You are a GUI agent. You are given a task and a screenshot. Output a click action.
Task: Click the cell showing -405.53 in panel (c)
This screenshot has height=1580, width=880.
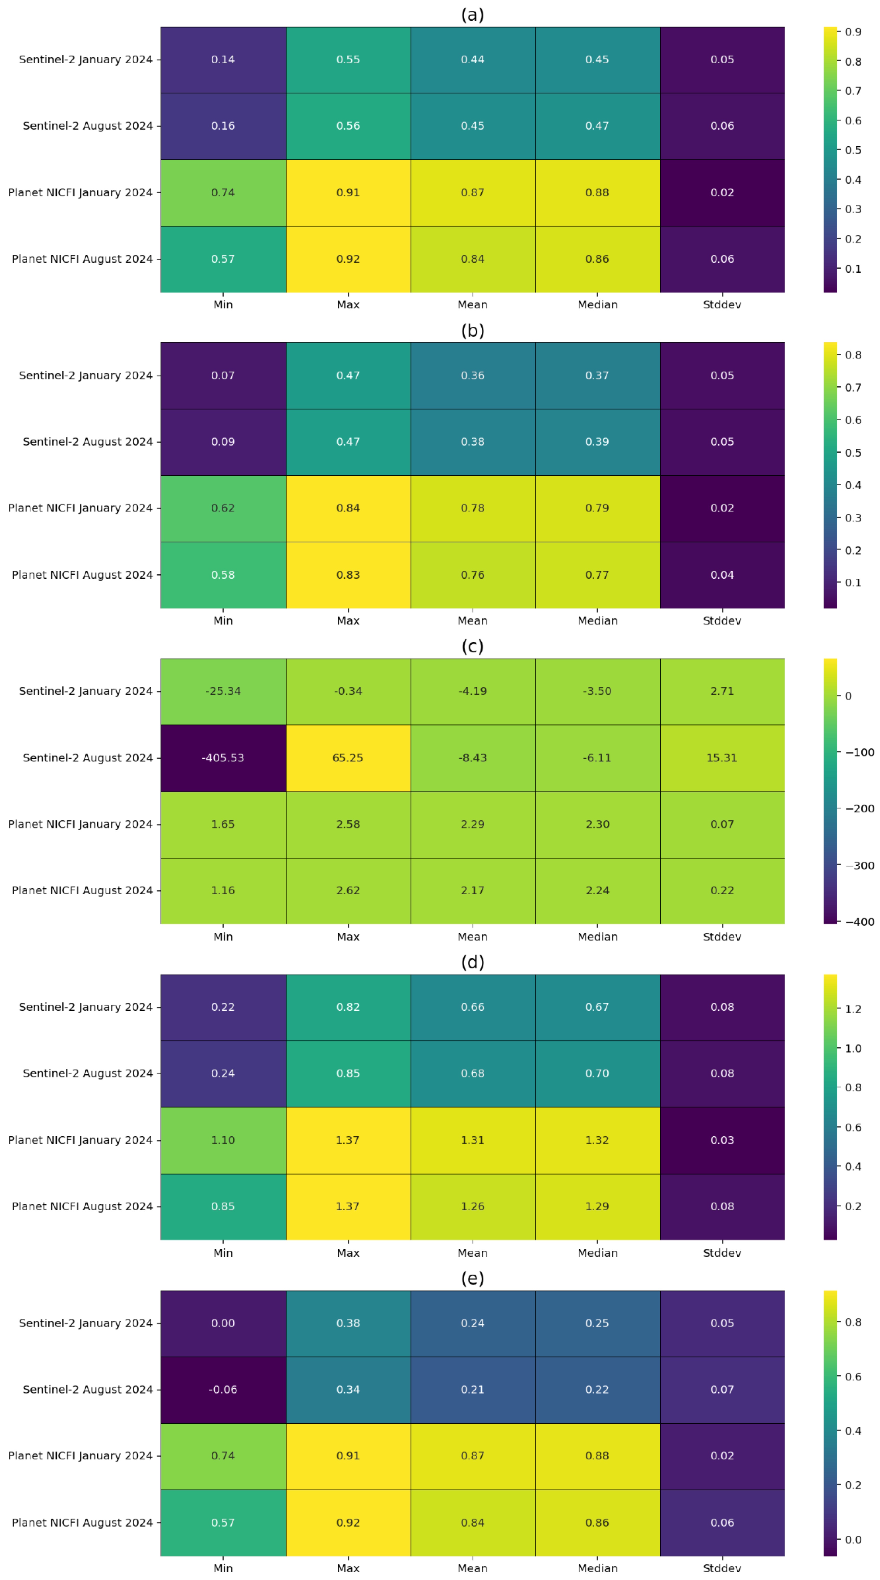(223, 758)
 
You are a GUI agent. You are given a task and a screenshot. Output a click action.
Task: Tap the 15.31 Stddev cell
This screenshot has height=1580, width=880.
(722, 758)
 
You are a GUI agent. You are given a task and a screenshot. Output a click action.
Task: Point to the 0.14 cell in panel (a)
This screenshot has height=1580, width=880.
(223, 60)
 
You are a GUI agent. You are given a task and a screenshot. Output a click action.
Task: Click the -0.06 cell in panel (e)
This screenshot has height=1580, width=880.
(223, 1389)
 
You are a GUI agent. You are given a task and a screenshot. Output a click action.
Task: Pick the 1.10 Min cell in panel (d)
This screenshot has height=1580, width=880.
(223, 1140)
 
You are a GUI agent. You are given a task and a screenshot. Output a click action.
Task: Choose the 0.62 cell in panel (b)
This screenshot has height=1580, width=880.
(223, 508)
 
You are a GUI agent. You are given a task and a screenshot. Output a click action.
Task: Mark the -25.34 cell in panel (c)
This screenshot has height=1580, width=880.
(223, 691)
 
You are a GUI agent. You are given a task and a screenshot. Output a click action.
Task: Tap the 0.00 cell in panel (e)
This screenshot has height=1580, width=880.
(223, 1323)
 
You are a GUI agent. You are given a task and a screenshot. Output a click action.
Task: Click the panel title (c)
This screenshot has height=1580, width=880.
(472, 646)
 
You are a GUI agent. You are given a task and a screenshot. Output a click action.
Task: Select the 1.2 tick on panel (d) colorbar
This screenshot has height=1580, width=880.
(853, 1009)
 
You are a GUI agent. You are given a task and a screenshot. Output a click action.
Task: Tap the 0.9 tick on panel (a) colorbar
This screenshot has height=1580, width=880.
(853, 32)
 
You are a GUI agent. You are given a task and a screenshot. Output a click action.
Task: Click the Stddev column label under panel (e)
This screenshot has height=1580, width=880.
(722, 1568)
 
